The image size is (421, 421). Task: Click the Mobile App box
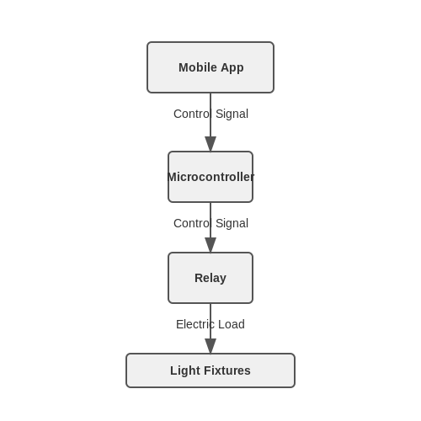coord(210,67)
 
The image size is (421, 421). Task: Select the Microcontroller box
coord(210,177)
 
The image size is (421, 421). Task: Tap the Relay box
coord(210,278)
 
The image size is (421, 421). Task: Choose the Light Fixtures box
coord(210,370)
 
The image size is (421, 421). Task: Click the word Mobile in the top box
coord(198,67)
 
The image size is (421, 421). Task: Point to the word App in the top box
coord(232,68)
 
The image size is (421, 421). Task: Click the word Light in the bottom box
coord(185,371)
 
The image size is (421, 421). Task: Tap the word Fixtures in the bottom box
coord(227,370)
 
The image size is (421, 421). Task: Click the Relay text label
coord(210,279)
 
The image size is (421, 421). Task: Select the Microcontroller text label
coord(210,177)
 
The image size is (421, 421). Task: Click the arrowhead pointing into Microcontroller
coord(210,144)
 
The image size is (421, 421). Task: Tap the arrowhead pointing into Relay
coord(210,245)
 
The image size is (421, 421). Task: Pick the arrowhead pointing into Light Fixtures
coord(210,346)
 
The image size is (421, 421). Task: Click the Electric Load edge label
coord(210,324)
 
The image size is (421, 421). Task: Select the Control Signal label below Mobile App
coord(210,115)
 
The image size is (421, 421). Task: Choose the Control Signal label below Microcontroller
coord(210,224)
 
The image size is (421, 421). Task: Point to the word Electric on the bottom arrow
coord(195,324)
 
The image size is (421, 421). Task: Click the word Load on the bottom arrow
coord(232,324)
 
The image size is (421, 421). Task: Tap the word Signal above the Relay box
coord(232,224)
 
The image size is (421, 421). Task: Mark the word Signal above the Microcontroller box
coord(232,115)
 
